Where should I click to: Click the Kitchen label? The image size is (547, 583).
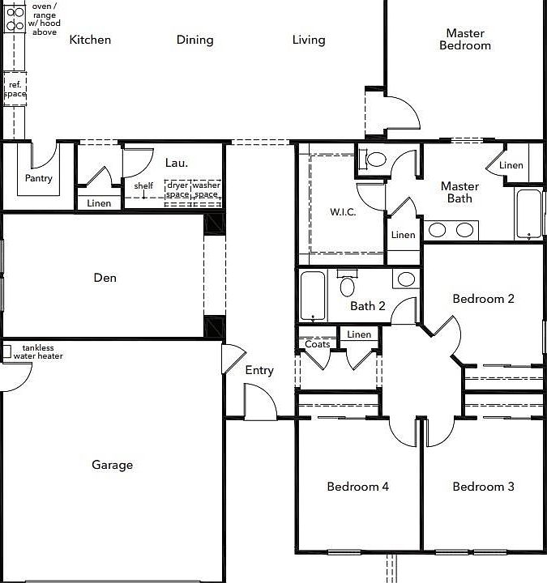pyautogui.click(x=90, y=40)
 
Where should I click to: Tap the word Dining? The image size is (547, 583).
pyautogui.click(x=194, y=40)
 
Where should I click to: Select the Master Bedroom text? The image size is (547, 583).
pyautogui.click(x=465, y=40)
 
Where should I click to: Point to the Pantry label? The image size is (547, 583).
pyautogui.click(x=38, y=178)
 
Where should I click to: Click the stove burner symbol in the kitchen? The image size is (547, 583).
pyautogui.click(x=14, y=18)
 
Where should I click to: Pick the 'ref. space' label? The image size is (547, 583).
pyautogui.click(x=15, y=89)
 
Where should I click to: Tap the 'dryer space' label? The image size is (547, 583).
pyautogui.click(x=177, y=190)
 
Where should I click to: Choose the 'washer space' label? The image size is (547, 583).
pyautogui.click(x=207, y=190)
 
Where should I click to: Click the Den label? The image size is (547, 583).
pyautogui.click(x=105, y=278)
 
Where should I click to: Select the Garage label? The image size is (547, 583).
pyautogui.click(x=112, y=465)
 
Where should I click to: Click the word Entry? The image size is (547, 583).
pyautogui.click(x=259, y=371)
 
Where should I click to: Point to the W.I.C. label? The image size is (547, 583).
pyautogui.click(x=342, y=213)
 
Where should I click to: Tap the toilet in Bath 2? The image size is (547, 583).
pyautogui.click(x=348, y=284)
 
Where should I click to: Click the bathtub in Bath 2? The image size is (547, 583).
pyautogui.click(x=312, y=296)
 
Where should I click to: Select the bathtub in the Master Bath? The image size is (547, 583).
pyautogui.click(x=528, y=214)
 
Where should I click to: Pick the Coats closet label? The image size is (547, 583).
pyautogui.click(x=318, y=344)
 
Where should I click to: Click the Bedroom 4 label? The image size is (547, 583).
pyautogui.click(x=357, y=487)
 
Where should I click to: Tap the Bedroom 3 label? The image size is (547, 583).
pyautogui.click(x=483, y=487)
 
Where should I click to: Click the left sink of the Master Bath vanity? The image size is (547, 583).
pyautogui.click(x=437, y=230)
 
